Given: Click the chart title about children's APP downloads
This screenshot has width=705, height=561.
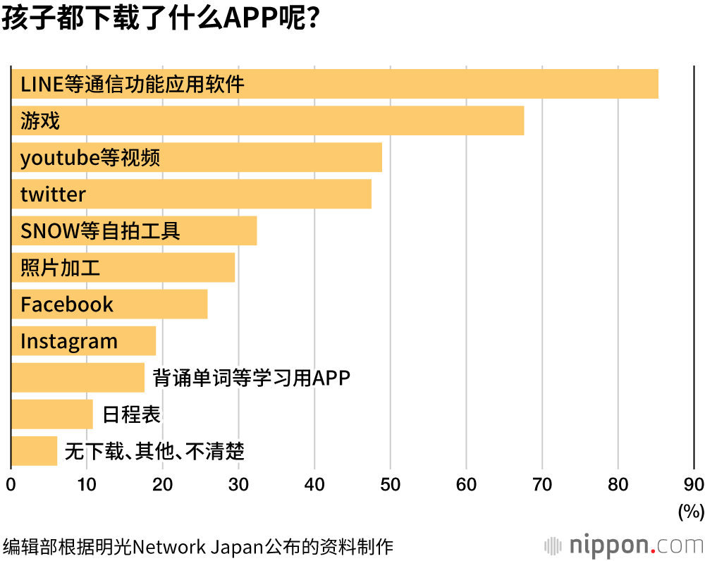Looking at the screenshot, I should pyautogui.click(x=163, y=19).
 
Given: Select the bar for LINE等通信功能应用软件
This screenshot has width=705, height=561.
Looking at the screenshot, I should pyautogui.click(x=335, y=84).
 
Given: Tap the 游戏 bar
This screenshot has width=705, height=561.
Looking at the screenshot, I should pyautogui.click(x=268, y=121).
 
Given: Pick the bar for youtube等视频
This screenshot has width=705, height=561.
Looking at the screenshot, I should pyautogui.click(x=197, y=157).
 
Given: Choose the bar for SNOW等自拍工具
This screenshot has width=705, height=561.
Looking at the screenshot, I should pyautogui.click(x=134, y=230).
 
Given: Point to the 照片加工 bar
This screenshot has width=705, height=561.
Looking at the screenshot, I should pyautogui.click(x=123, y=267).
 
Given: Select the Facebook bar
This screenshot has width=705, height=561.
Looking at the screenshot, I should pyautogui.click(x=109, y=304).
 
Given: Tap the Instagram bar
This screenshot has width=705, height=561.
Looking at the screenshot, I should pyautogui.click(x=83, y=341).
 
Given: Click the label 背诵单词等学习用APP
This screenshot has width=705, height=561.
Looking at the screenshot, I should pyautogui.click(x=252, y=378).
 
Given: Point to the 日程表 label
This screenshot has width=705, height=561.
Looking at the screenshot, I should pyautogui.click(x=132, y=414).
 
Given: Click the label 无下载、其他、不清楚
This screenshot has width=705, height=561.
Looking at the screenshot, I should pyautogui.click(x=154, y=451).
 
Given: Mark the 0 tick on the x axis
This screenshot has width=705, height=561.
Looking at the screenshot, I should pyautogui.click(x=11, y=485).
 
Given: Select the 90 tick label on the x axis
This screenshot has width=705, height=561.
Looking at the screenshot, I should pyautogui.click(x=694, y=485).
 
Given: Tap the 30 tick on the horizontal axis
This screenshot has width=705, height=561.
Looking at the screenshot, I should pyautogui.click(x=238, y=485).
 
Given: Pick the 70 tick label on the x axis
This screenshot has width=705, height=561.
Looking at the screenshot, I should pyautogui.click(x=542, y=485).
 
